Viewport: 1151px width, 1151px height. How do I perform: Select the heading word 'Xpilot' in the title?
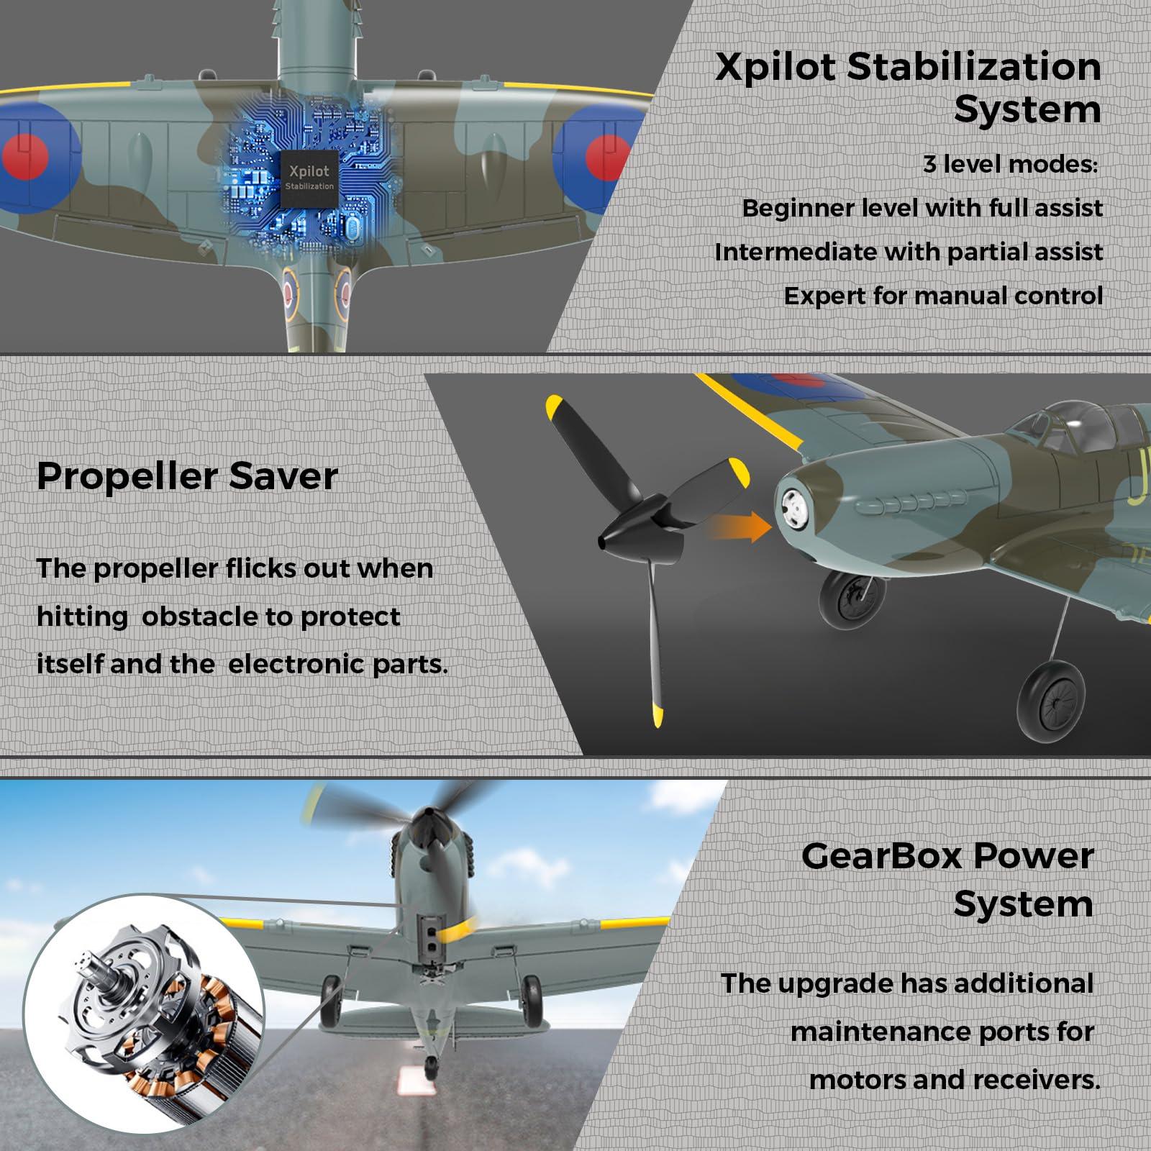775,68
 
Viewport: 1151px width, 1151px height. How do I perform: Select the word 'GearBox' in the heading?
883,856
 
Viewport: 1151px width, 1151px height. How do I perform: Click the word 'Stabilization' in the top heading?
974,68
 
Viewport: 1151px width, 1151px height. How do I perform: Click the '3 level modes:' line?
1011,165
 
